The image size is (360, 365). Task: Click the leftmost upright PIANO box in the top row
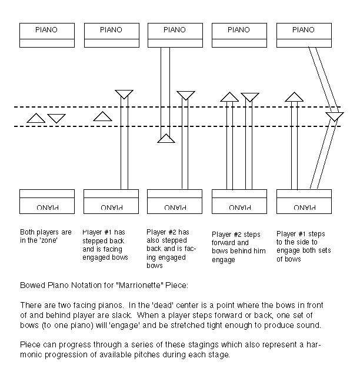(x=47, y=35)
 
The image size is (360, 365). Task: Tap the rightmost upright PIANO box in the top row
(x=303, y=35)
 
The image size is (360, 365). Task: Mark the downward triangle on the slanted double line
(x=334, y=117)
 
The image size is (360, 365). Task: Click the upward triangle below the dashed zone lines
(x=166, y=139)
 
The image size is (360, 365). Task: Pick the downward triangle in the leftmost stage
(x=56, y=118)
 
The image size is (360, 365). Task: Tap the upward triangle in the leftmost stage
(x=36, y=118)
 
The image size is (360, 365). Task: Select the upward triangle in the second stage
(x=103, y=116)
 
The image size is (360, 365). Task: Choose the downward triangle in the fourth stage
(x=250, y=97)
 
